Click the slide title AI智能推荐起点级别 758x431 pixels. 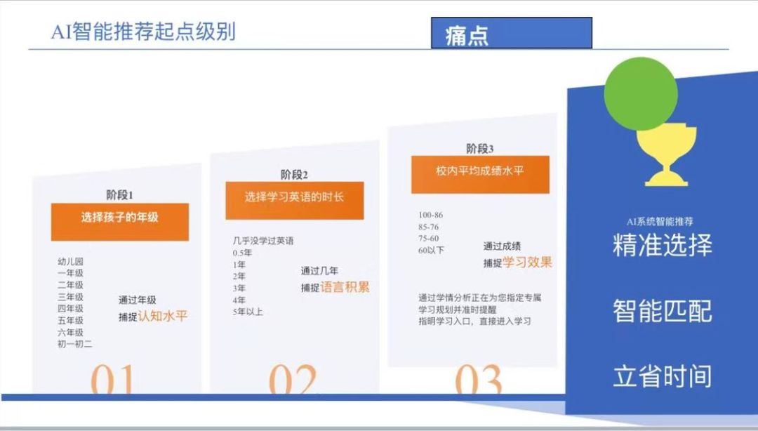click(143, 32)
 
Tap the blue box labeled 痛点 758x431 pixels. click(512, 33)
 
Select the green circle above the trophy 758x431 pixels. click(641, 94)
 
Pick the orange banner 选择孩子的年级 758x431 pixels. click(120, 222)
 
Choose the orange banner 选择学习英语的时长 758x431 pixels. click(294, 201)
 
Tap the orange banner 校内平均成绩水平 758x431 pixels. click(480, 175)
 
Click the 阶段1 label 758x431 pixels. click(119, 195)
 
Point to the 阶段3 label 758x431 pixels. click(479, 149)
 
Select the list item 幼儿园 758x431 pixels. click(71, 261)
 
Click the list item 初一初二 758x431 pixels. click(74, 344)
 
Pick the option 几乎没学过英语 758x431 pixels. click(263, 240)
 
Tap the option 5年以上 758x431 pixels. click(248, 312)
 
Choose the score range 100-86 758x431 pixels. click(431, 215)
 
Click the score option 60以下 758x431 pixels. click(431, 250)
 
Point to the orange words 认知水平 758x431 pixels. click(162, 317)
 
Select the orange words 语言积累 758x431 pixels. click(345, 287)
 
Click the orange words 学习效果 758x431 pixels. click(527, 263)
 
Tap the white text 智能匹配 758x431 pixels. click(663, 310)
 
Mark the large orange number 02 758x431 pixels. click(293, 379)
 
